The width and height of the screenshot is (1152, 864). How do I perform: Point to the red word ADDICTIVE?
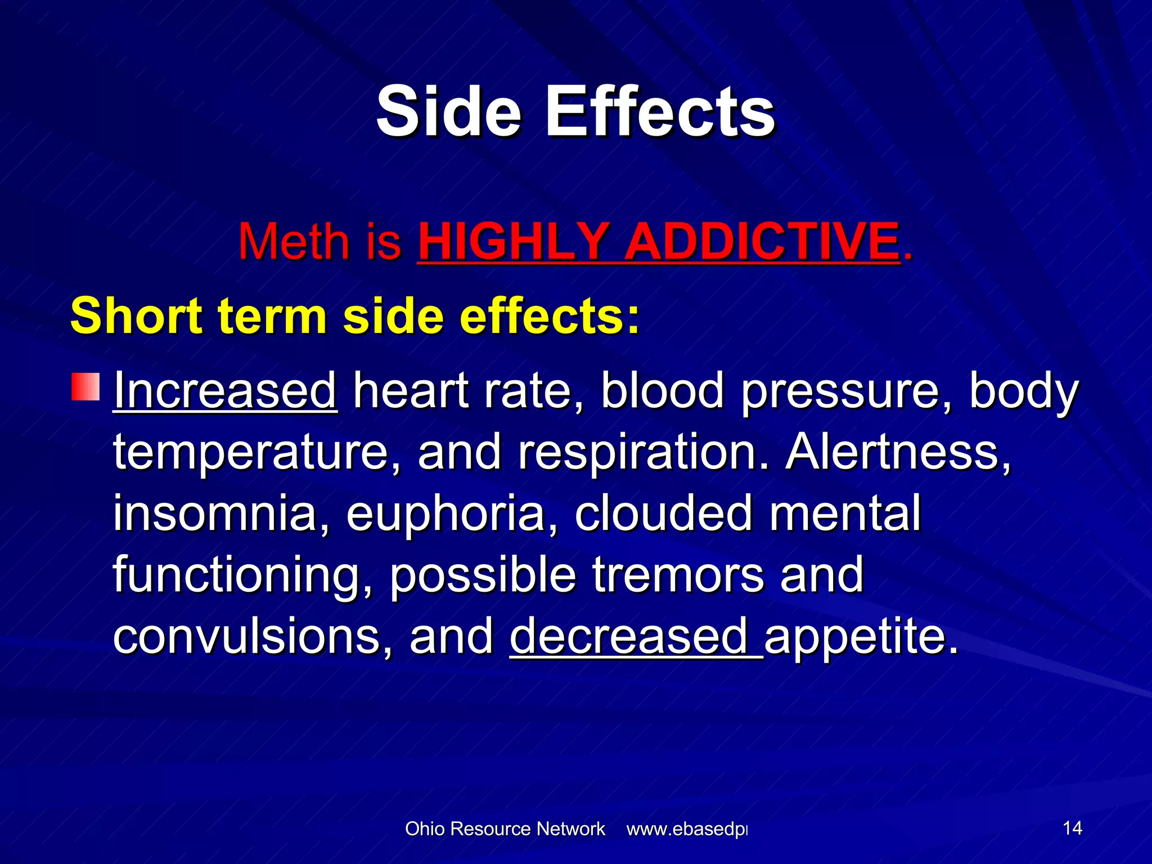[x=762, y=242]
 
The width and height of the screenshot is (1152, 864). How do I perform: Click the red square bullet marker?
[x=85, y=387]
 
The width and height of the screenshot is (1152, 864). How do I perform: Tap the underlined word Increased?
[x=225, y=390]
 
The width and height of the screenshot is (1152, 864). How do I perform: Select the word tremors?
[x=678, y=575]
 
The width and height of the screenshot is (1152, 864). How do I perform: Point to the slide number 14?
[x=1072, y=828]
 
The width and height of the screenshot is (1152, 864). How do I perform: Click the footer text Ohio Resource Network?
[x=505, y=829]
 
